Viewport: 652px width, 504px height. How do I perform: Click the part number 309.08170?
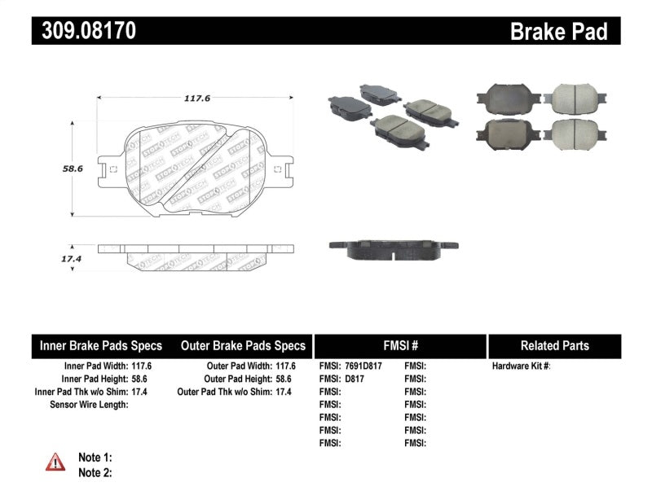pyautogui.click(x=84, y=31)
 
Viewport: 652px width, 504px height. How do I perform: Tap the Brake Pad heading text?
pyautogui.click(x=558, y=31)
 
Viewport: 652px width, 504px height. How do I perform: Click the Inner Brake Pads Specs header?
pyautogui.click(x=101, y=345)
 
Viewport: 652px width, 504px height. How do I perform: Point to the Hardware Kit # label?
pyautogui.click(x=521, y=366)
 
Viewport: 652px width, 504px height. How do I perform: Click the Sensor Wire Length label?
pyautogui.click(x=89, y=404)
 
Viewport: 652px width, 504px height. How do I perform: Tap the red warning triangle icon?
pyautogui.click(x=55, y=462)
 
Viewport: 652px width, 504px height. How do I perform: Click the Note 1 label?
pyautogui.click(x=95, y=458)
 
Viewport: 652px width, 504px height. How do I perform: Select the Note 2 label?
pyautogui.click(x=95, y=472)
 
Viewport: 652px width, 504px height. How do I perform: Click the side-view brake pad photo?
pyautogui.click(x=392, y=248)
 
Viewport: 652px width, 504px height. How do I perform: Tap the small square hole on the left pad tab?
pyautogui.click(x=113, y=170)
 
